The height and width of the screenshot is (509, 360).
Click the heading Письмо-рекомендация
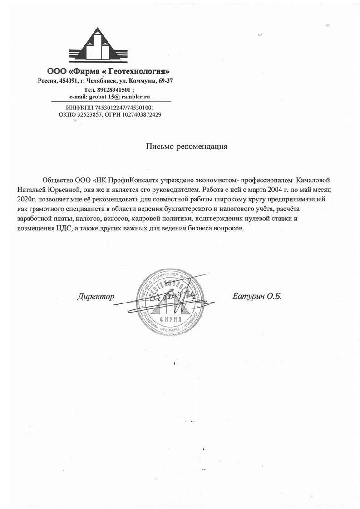pos(186,146)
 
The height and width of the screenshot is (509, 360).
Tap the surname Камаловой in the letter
pos(316,177)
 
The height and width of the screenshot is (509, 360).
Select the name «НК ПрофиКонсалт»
pos(128,177)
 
